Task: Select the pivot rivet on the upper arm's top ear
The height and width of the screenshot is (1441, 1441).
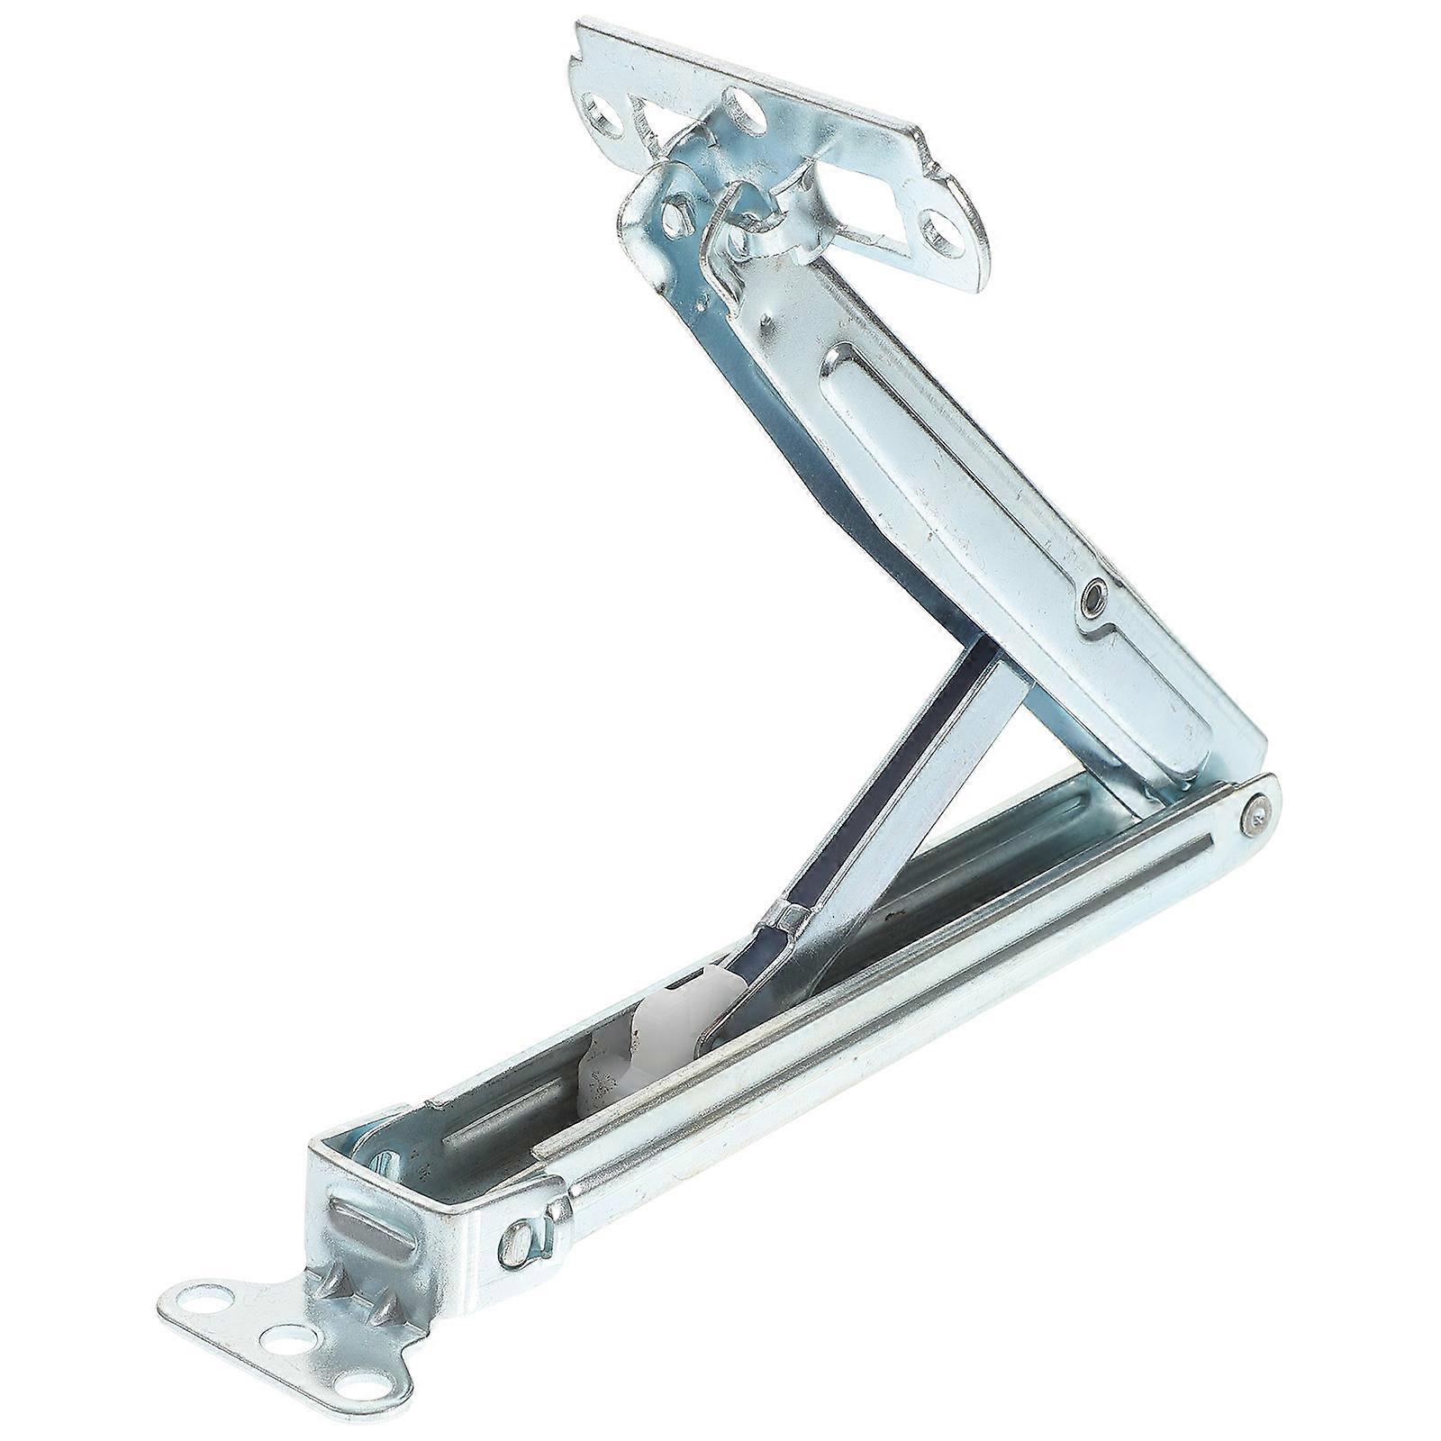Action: click(671, 215)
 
